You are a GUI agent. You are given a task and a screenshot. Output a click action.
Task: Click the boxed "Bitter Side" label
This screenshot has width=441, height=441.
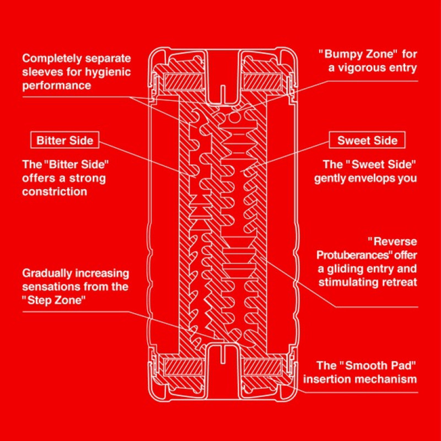65,141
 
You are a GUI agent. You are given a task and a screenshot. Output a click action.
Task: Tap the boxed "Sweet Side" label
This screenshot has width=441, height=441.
367,141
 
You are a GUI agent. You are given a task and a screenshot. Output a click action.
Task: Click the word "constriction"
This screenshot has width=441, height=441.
55,192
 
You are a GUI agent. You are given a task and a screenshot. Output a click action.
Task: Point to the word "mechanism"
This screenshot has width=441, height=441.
390,379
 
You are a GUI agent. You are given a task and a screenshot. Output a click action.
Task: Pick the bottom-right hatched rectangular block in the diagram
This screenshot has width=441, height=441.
261,367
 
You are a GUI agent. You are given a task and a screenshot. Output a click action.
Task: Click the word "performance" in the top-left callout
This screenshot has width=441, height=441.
56,85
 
